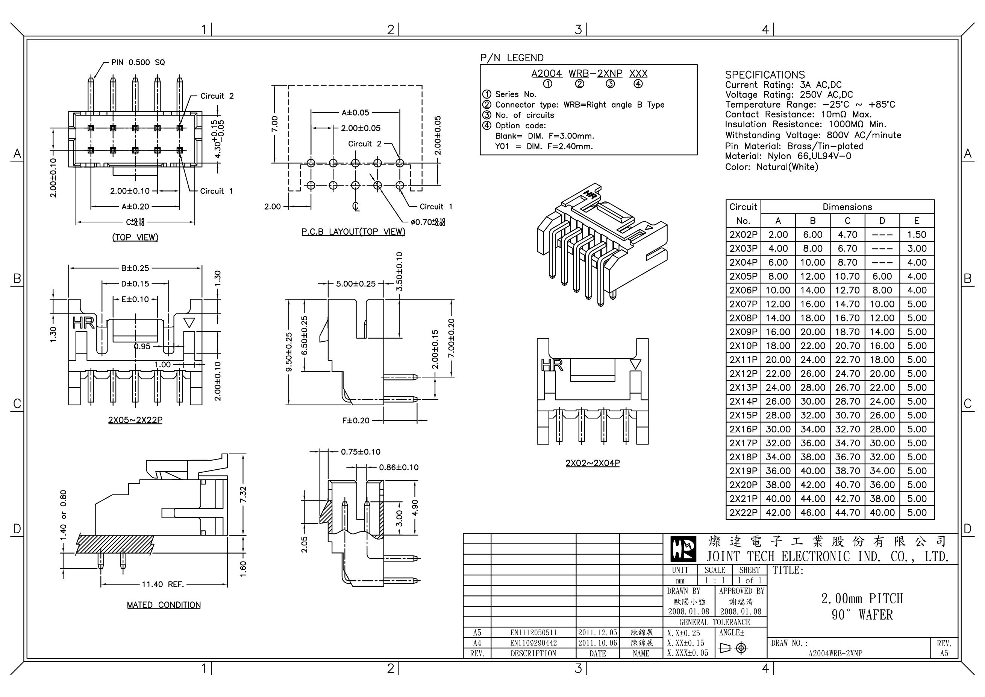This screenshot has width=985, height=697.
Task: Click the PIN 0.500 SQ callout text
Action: (138, 62)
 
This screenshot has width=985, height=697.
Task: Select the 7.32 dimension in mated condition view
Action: (243, 494)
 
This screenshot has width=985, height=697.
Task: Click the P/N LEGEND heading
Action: (511, 58)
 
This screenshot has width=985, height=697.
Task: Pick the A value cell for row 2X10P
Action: (777, 346)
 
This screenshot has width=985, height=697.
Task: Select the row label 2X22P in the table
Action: (743, 512)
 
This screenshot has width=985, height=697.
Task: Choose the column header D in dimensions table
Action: (882, 221)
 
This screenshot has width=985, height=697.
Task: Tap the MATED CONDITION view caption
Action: (164, 605)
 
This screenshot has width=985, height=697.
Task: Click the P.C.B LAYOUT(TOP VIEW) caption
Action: (353, 231)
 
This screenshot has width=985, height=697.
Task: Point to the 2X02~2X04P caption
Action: (592, 463)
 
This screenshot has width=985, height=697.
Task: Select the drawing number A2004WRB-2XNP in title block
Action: (835, 653)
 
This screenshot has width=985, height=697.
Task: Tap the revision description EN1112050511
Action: (533, 633)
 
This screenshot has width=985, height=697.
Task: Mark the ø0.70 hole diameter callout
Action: (427, 222)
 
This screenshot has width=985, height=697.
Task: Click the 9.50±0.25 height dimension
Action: (289, 352)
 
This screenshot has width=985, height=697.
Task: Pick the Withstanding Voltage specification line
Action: (813, 135)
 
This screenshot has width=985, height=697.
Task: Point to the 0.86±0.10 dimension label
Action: (398, 467)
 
